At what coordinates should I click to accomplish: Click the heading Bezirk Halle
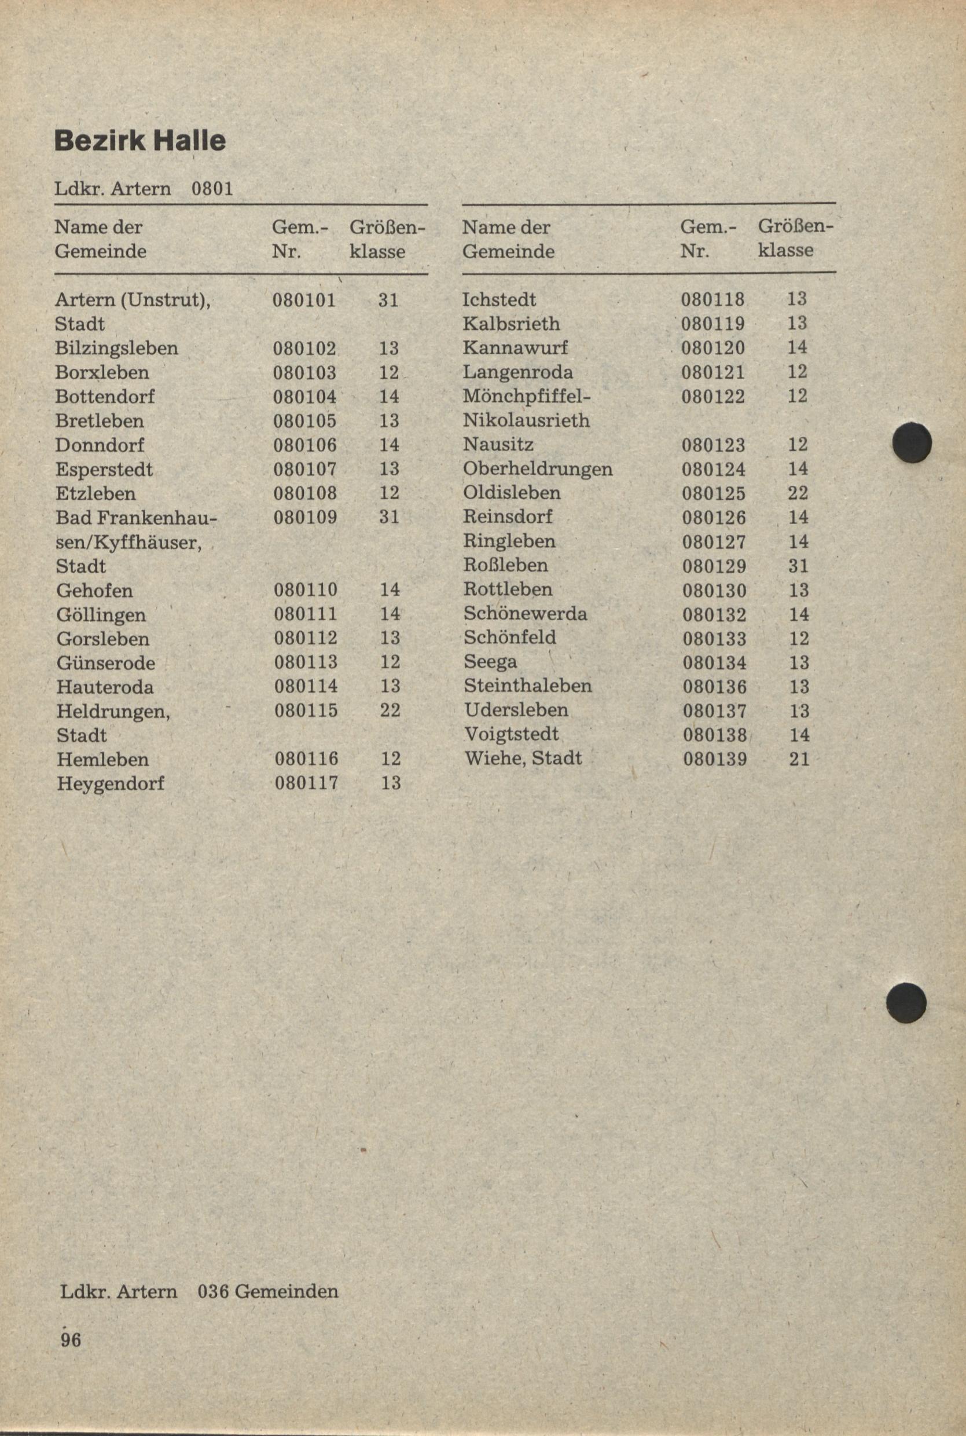tap(140, 141)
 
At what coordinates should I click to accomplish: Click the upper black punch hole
tap(912, 442)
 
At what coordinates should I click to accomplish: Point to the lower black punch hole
tap(906, 1003)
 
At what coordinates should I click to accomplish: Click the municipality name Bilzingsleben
tap(116, 348)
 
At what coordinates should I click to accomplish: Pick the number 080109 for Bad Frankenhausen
tap(306, 517)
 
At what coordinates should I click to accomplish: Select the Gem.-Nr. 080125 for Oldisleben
tap(714, 494)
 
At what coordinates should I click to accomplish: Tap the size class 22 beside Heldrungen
tap(390, 710)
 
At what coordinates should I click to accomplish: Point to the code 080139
tap(715, 759)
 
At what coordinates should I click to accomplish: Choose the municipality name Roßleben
tap(506, 565)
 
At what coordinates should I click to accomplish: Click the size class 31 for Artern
tap(389, 300)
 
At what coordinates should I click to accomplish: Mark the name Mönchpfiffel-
tap(527, 396)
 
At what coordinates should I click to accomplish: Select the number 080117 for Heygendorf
tap(306, 783)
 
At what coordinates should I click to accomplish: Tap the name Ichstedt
tap(499, 300)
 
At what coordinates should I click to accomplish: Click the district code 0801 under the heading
tap(212, 188)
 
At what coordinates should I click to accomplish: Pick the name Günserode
tap(106, 663)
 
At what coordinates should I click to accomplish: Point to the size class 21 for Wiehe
tap(799, 759)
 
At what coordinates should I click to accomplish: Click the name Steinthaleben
tap(528, 686)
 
